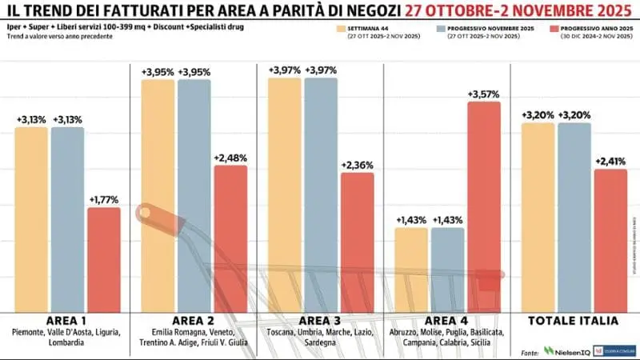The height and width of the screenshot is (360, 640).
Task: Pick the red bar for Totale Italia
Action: click(x=610, y=240)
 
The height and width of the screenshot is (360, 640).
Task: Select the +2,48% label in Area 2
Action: click(x=230, y=158)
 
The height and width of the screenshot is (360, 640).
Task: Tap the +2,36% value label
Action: click(x=357, y=165)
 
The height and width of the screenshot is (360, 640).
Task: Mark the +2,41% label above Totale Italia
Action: click(x=610, y=161)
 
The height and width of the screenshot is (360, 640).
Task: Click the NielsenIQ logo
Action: click(x=568, y=350)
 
